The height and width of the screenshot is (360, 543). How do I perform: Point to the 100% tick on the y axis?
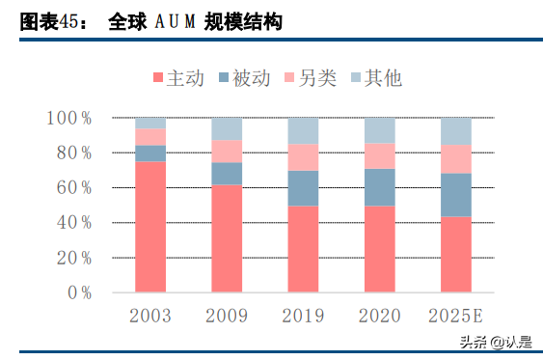(x=68, y=118)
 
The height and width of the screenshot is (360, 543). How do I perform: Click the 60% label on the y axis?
(x=72, y=187)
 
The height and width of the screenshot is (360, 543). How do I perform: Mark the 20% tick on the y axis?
(x=72, y=258)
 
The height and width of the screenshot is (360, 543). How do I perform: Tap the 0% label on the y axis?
(x=77, y=292)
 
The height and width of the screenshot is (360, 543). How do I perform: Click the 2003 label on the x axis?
(x=149, y=316)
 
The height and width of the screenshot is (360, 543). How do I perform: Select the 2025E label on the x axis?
(x=455, y=316)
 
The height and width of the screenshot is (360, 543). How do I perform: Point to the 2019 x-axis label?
(x=303, y=316)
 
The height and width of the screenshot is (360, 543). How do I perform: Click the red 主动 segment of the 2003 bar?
(x=149, y=226)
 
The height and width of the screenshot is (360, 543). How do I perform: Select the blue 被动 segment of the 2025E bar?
(x=455, y=194)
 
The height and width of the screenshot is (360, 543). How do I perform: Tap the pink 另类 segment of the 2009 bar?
(x=227, y=151)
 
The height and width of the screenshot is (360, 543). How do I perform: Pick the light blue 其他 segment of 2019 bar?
(x=303, y=130)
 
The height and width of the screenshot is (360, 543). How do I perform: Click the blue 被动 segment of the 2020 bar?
(x=379, y=186)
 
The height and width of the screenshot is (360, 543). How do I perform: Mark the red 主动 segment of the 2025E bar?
(x=455, y=254)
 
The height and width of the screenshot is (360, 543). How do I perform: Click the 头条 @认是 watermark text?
(x=495, y=342)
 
